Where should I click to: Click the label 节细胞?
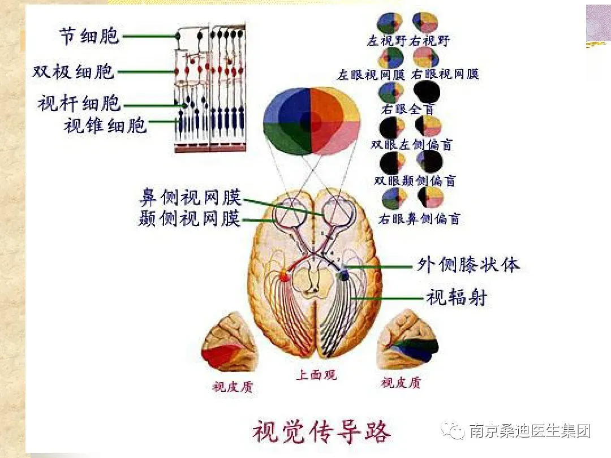(89, 36)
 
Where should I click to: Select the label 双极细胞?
(73, 71)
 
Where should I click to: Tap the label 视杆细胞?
(79, 103)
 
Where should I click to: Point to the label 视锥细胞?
(105, 124)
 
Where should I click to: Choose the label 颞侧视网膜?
(190, 218)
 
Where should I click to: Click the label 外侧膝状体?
(468, 265)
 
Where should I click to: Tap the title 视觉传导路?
(321, 432)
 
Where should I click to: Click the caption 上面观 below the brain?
(316, 375)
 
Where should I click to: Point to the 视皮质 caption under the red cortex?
(233, 387)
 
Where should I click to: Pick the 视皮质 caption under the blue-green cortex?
(401, 383)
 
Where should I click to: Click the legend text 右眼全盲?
(408, 109)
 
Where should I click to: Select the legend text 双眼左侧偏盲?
(411, 145)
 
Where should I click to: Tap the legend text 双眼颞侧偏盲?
(415, 182)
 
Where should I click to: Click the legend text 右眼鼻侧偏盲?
(419, 219)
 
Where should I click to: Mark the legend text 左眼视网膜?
(371, 75)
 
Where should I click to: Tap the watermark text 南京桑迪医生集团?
(530, 431)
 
